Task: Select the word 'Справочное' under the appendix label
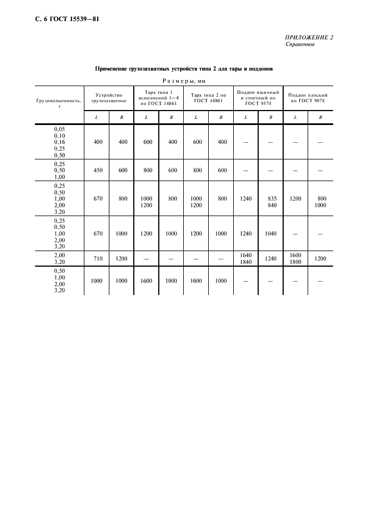point(300,45)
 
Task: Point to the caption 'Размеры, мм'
point(183,81)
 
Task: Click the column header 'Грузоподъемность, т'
point(59,103)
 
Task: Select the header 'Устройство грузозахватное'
point(109,98)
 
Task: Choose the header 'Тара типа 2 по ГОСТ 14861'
point(208,98)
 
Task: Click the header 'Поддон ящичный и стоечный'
point(258,98)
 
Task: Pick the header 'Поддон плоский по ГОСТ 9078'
point(307,98)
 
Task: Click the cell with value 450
point(98,171)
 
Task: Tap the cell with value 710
point(98,258)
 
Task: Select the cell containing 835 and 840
point(272,201)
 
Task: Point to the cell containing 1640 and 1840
point(246,258)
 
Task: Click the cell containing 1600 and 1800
point(295,258)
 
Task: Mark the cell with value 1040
point(272,234)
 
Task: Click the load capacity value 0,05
point(59,129)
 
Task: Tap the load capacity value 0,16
point(59,142)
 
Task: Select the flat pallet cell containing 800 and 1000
point(321,201)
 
